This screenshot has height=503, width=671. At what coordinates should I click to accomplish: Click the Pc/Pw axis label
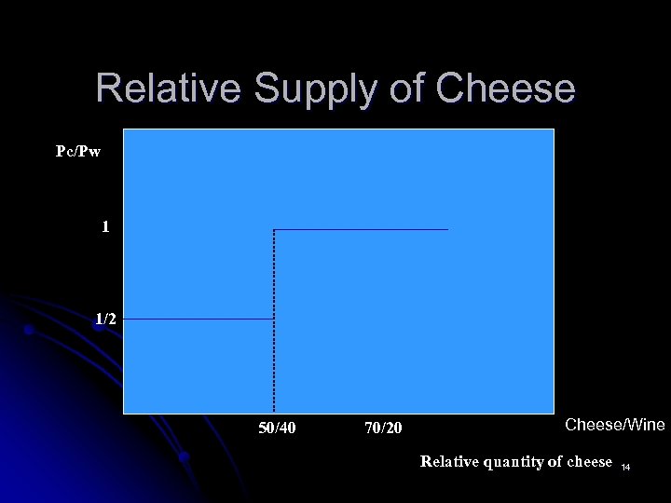point(78,151)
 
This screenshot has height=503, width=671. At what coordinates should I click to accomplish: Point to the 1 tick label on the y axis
point(106,226)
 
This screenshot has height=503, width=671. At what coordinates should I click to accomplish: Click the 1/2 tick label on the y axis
point(106,319)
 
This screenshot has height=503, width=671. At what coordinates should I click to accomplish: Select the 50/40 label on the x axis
point(277,428)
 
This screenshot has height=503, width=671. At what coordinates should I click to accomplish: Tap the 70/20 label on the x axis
point(384,428)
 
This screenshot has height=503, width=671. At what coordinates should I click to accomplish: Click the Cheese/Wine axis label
point(615,425)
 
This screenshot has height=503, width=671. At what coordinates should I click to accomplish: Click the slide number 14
point(625,464)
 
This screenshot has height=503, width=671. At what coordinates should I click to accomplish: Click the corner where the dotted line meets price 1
point(274,229)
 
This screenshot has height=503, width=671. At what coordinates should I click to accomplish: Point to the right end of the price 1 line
point(447,229)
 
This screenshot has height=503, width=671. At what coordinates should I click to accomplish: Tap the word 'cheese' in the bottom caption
point(588,461)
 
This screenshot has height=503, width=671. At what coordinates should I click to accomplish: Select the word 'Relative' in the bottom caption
point(449,461)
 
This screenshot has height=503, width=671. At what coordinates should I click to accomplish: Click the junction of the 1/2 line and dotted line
point(274,319)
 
